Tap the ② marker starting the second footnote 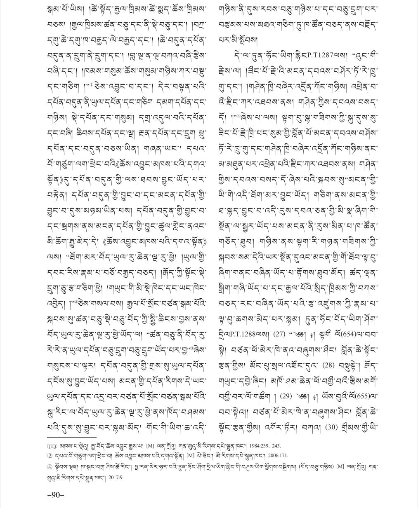tap(50, 456)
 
